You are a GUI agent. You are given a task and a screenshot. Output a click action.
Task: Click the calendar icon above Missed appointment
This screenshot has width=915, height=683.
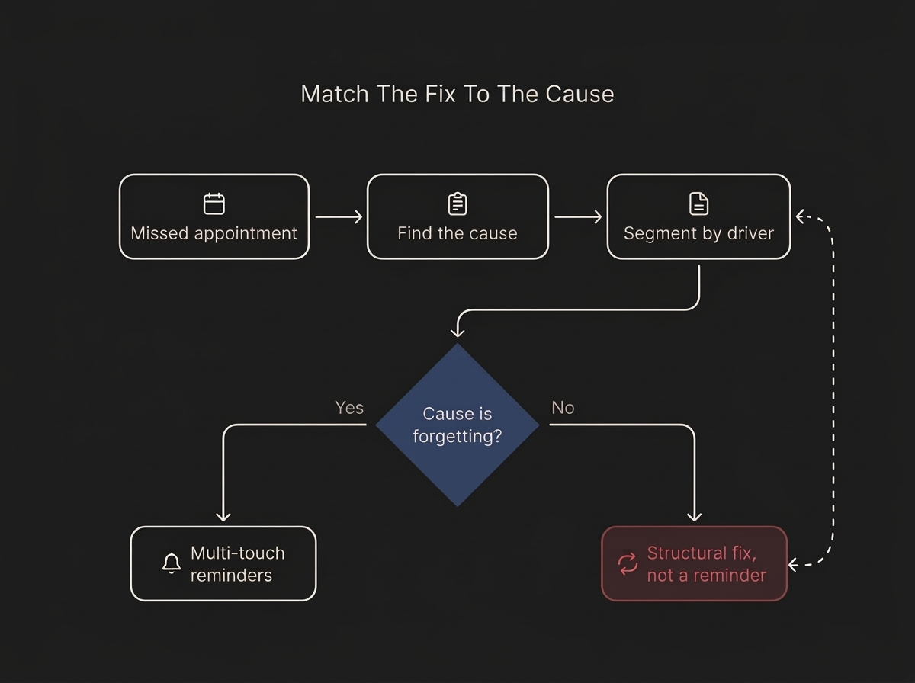pyautogui.click(x=213, y=204)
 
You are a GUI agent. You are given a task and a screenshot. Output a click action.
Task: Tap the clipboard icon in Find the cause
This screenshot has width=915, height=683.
pyautogui.click(x=457, y=204)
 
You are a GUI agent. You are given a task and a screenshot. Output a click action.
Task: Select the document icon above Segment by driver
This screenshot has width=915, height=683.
pyautogui.click(x=698, y=204)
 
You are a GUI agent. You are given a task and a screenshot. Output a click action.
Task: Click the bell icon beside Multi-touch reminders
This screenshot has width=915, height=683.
pyautogui.click(x=172, y=563)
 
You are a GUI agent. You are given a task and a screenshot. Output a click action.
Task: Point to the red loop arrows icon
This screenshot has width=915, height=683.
pyautogui.click(x=628, y=564)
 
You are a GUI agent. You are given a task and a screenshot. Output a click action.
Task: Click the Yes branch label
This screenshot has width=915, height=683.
pyautogui.click(x=349, y=408)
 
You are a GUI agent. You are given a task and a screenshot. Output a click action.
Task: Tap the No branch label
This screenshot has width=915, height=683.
pyautogui.click(x=563, y=408)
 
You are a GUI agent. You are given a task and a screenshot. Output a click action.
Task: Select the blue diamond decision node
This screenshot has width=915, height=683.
pyautogui.click(x=457, y=425)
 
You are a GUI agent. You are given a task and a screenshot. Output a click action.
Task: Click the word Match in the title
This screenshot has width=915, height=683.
pyautogui.click(x=335, y=94)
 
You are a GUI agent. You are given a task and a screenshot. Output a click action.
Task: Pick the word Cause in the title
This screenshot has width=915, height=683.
pyautogui.click(x=579, y=94)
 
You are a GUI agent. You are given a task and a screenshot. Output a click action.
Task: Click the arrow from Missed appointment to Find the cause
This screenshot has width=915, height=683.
pyautogui.click(x=339, y=216)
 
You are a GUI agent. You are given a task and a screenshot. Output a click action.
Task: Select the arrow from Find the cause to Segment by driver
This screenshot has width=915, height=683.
pyautogui.click(x=578, y=216)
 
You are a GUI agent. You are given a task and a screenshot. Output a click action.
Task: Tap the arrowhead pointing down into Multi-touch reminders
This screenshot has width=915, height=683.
pyautogui.click(x=223, y=517)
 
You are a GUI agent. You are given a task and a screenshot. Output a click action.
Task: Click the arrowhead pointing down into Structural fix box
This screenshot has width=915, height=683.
pyautogui.click(x=694, y=517)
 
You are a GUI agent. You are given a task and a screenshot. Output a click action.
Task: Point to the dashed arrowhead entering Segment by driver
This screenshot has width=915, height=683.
pyautogui.click(x=800, y=216)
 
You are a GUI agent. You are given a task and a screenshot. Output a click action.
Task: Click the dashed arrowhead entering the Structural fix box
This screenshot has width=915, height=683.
pyautogui.click(x=793, y=565)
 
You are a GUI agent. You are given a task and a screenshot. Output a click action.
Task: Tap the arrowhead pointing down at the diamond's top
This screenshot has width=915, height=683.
pyautogui.click(x=457, y=332)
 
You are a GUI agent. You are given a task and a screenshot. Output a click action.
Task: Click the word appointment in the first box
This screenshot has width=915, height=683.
pyautogui.click(x=246, y=233)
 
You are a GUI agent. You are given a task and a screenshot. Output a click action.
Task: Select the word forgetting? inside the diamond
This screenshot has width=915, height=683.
pyautogui.click(x=457, y=436)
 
